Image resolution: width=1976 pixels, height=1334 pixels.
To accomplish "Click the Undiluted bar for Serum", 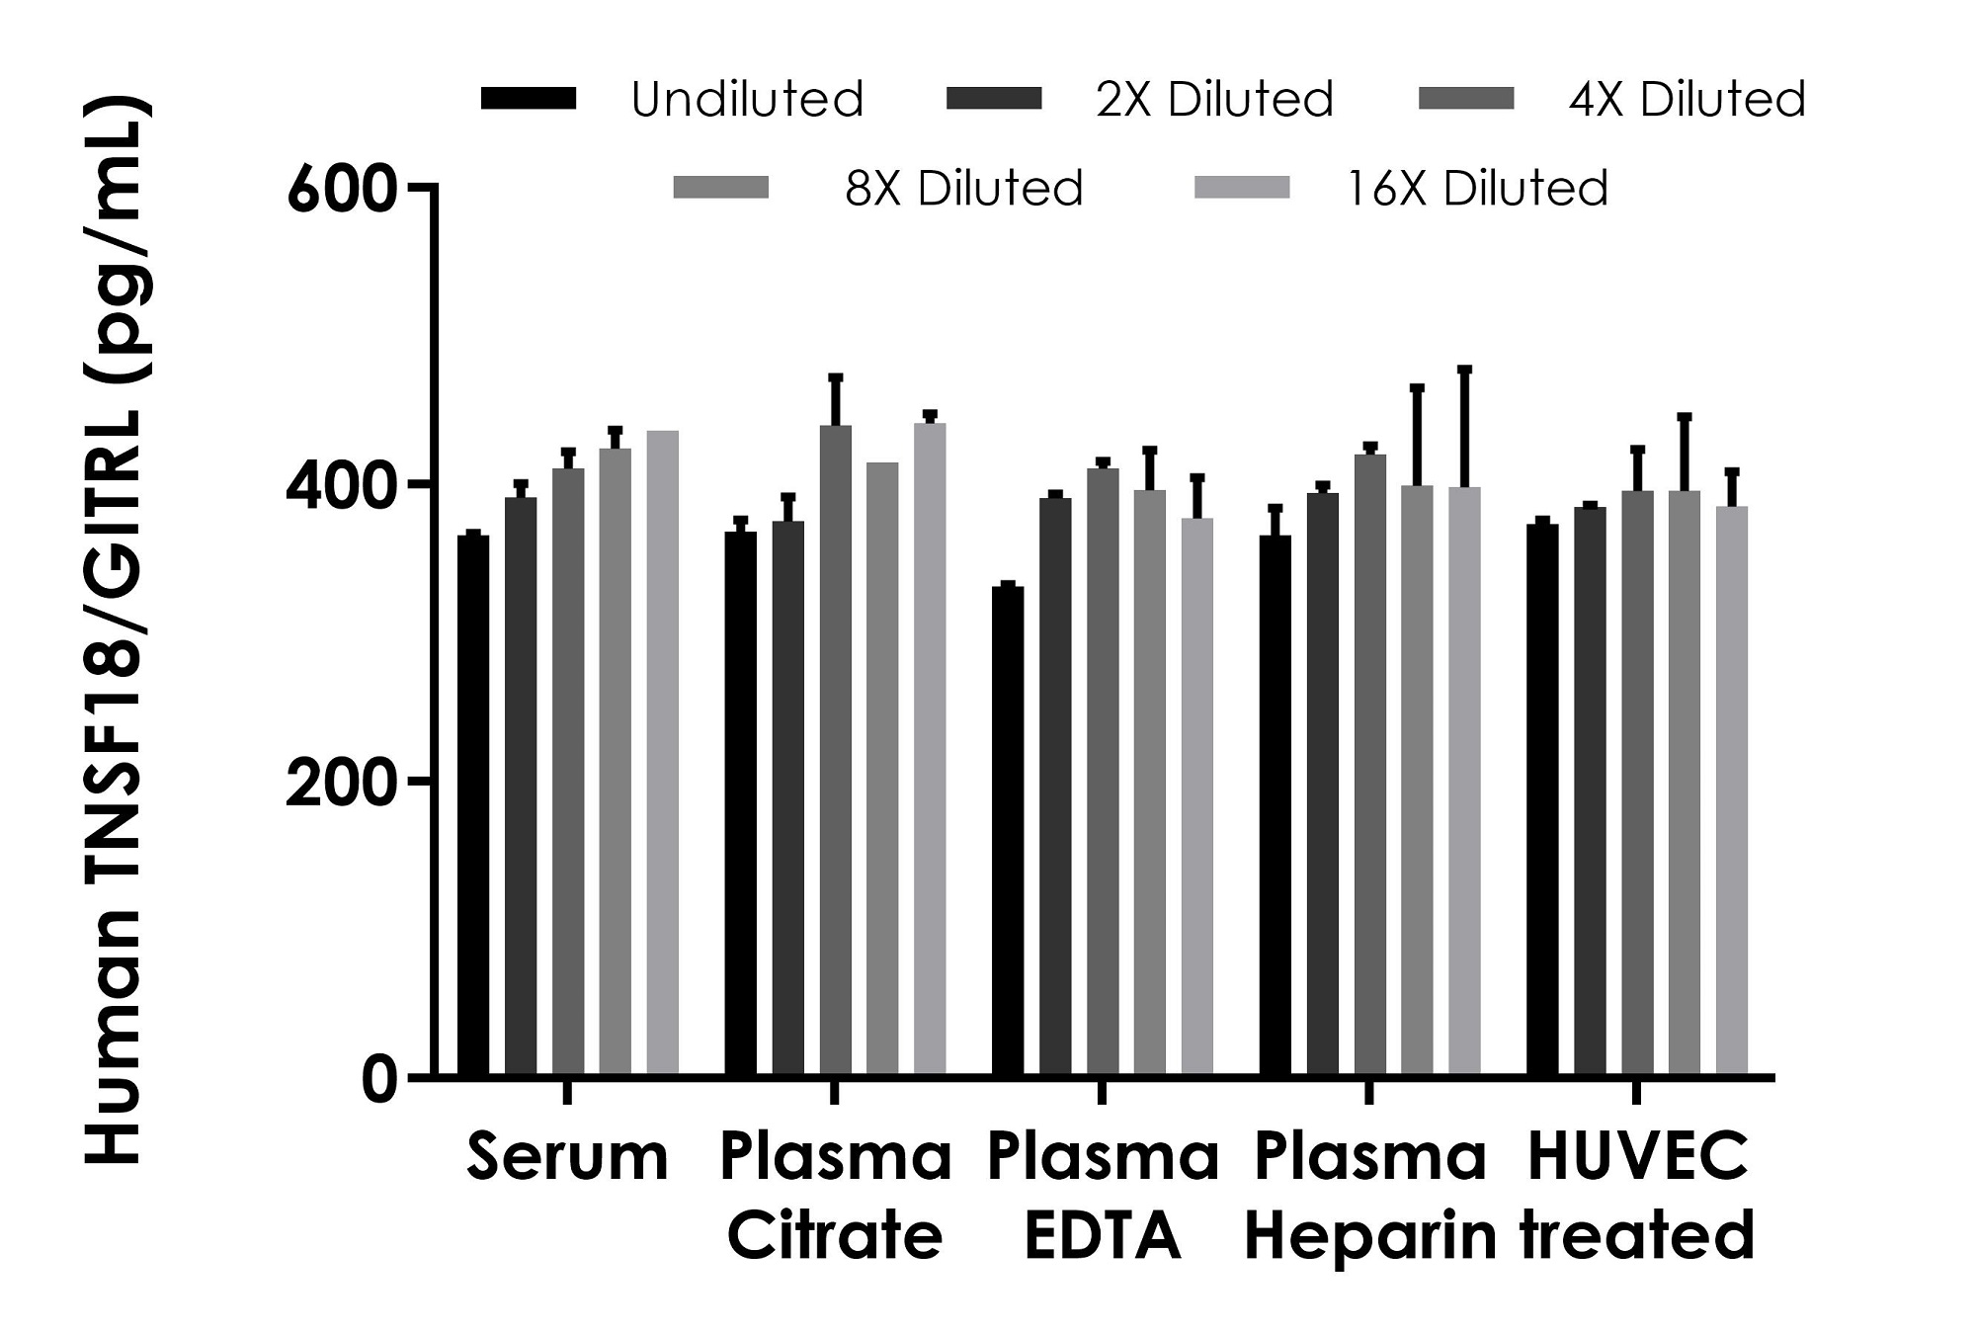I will pyautogui.click(x=473, y=805).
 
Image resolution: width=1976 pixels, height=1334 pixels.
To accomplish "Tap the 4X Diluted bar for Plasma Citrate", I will pyautogui.click(x=836, y=751).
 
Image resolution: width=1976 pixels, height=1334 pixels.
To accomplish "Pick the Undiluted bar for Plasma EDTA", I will pyautogui.click(x=1008, y=830).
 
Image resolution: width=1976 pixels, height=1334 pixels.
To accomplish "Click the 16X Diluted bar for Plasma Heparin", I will pyautogui.click(x=1465, y=781).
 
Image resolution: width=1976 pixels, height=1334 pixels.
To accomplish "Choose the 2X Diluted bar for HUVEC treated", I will pyautogui.click(x=1590, y=791).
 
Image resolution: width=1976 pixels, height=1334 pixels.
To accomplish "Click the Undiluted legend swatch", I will pyautogui.click(x=529, y=99).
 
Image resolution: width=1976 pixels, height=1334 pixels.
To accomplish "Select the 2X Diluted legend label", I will pyautogui.click(x=1215, y=100).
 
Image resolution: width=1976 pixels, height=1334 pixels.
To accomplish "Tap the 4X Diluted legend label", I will pyautogui.click(x=1688, y=100).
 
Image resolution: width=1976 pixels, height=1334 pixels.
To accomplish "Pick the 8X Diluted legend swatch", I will pyautogui.click(x=721, y=188).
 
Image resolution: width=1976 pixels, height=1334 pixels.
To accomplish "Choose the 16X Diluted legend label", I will pyautogui.click(x=1478, y=188).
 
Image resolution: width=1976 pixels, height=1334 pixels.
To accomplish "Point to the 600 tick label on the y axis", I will pyautogui.click(x=342, y=189).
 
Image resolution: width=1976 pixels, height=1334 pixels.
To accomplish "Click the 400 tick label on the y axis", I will pyautogui.click(x=342, y=485).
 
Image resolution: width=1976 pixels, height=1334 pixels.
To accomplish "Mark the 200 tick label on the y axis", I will pyautogui.click(x=342, y=782).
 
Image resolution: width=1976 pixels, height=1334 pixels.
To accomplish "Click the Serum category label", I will pyautogui.click(x=568, y=1156).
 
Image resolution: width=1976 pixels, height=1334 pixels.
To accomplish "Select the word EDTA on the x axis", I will pyautogui.click(x=1103, y=1236).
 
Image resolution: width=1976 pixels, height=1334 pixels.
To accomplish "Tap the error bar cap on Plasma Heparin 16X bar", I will pyautogui.click(x=1465, y=370).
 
